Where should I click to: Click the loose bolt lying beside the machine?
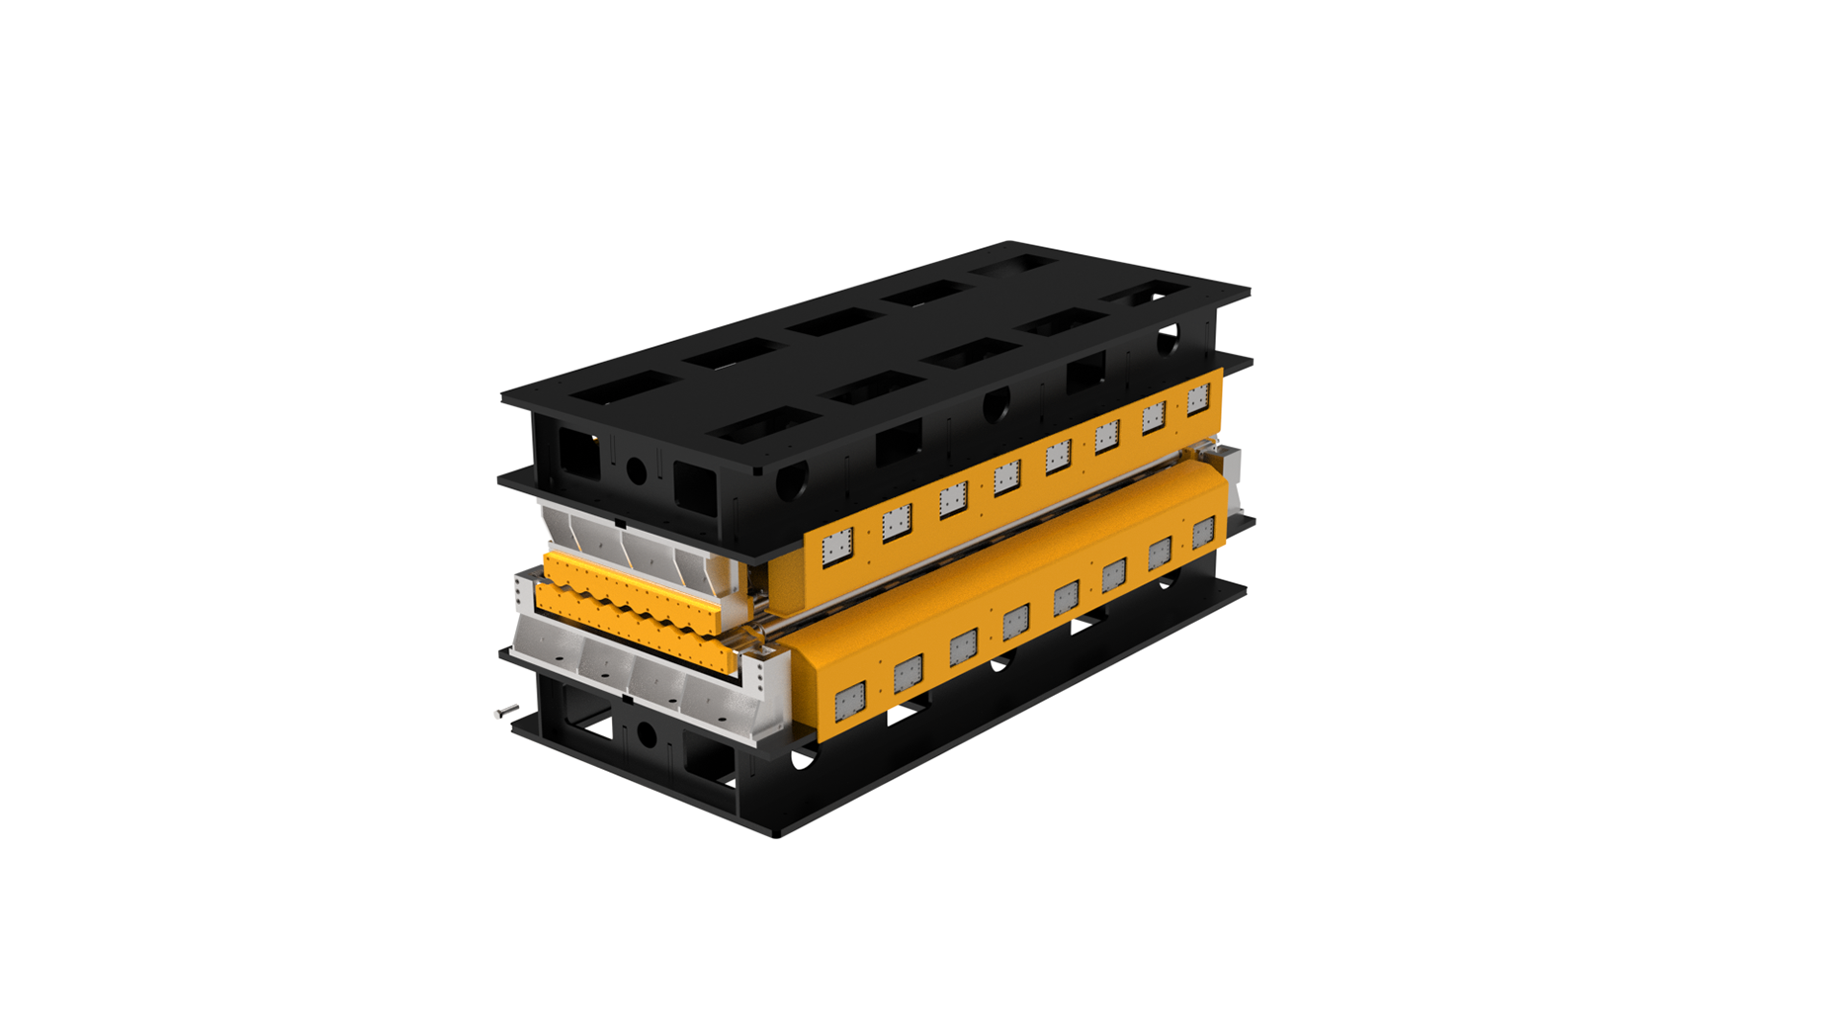(506, 711)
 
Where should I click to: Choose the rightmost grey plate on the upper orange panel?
(1198, 399)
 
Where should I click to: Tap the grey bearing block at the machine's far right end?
(1226, 465)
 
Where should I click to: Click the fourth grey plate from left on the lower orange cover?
(1015, 623)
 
